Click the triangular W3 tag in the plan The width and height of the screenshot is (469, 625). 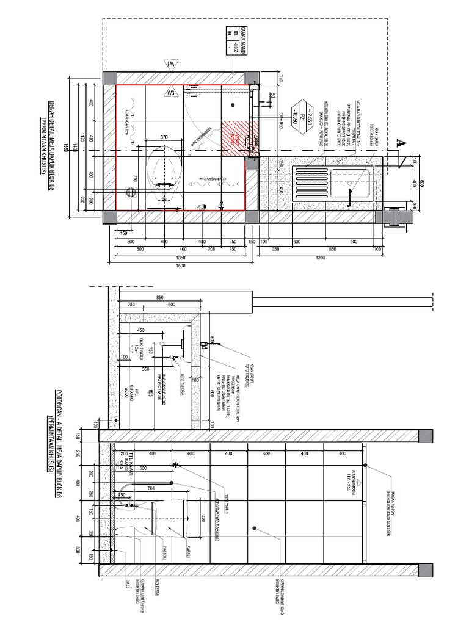[x=171, y=93]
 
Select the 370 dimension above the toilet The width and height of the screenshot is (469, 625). [x=164, y=138]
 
